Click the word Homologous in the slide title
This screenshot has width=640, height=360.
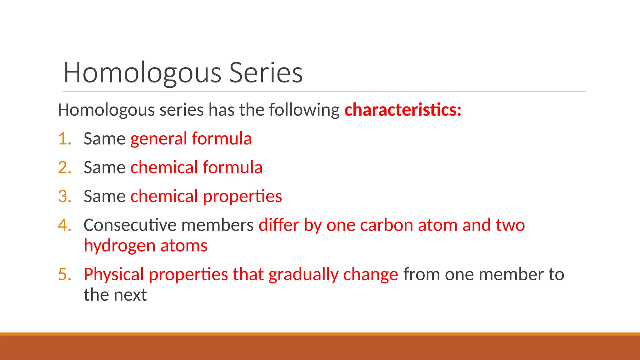click(x=142, y=72)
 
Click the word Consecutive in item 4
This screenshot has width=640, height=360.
click(x=130, y=225)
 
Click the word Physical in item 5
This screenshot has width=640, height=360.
click(x=114, y=274)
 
